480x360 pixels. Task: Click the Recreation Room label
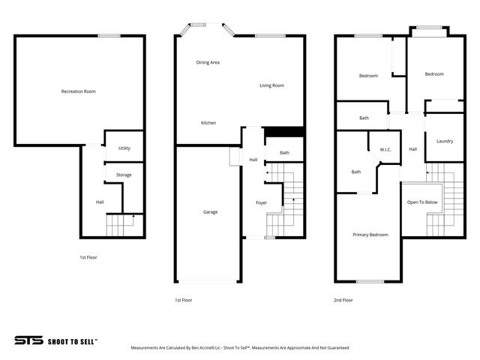tap(79, 91)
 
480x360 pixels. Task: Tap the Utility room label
tap(124, 148)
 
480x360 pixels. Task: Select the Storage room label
tap(124, 175)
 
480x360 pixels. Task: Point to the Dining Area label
tap(208, 62)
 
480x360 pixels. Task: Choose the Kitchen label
tap(208, 123)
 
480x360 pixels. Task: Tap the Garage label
tap(211, 212)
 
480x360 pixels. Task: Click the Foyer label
tap(262, 202)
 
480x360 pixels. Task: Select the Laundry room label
tap(444, 141)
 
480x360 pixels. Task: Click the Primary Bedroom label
tap(370, 235)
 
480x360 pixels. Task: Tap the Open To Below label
tap(422, 202)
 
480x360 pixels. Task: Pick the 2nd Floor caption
tap(343, 300)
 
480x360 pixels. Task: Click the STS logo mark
tap(28, 340)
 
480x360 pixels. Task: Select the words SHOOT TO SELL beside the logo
tap(72, 340)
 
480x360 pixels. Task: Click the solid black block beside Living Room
tap(285, 132)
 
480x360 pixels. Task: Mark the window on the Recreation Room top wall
tap(109, 35)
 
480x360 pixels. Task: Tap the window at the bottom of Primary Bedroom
tap(370, 282)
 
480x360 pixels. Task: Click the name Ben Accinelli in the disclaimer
tap(189, 348)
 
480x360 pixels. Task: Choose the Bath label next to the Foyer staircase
tap(285, 153)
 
